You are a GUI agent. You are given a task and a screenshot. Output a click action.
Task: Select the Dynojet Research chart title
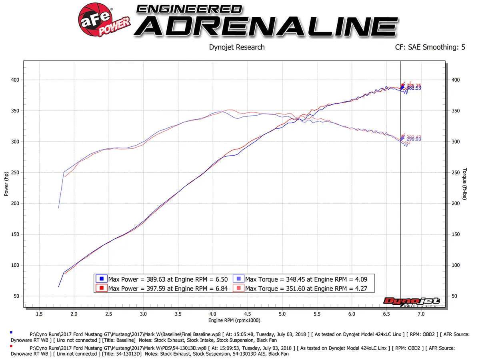click(x=237, y=47)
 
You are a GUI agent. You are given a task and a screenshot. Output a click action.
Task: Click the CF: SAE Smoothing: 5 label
click(x=430, y=47)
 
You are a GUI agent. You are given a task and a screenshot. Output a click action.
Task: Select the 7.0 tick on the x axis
click(x=421, y=314)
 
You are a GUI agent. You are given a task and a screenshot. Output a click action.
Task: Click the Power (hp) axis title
click(x=6, y=184)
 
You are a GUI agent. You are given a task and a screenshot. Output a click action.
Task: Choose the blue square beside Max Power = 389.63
click(x=102, y=279)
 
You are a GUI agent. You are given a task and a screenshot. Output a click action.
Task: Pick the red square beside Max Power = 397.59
click(x=102, y=288)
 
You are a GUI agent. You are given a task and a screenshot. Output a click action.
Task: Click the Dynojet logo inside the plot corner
click(x=412, y=302)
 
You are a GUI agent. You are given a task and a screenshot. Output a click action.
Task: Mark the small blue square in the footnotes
click(x=11, y=332)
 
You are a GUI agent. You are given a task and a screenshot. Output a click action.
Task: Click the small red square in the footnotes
click(x=11, y=346)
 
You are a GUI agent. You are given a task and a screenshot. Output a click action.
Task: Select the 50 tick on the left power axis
click(x=16, y=296)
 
